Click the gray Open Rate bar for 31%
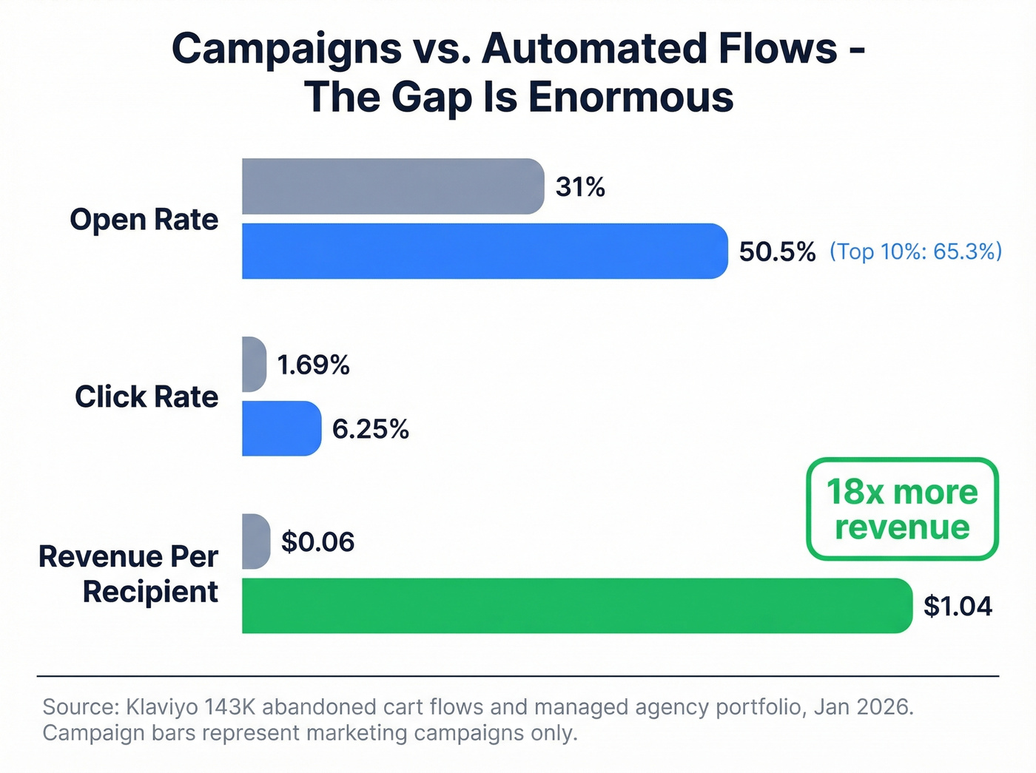pos(392,186)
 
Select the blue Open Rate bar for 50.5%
pos(485,251)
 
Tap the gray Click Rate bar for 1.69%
pos(254,364)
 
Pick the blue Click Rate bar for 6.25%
pos(281,428)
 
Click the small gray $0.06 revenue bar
pos(256,541)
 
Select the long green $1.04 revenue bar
pos(577,606)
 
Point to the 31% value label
pos(580,187)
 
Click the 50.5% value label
pos(777,252)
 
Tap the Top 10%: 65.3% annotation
pos(915,252)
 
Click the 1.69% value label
pos(313,365)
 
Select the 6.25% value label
pos(370,429)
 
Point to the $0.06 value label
pos(317,542)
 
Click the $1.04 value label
pos(958,607)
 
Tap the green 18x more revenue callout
pos(902,509)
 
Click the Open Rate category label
pos(144,220)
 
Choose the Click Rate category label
pos(147,397)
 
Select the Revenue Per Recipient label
pos(129,574)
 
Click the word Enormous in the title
pos(630,97)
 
